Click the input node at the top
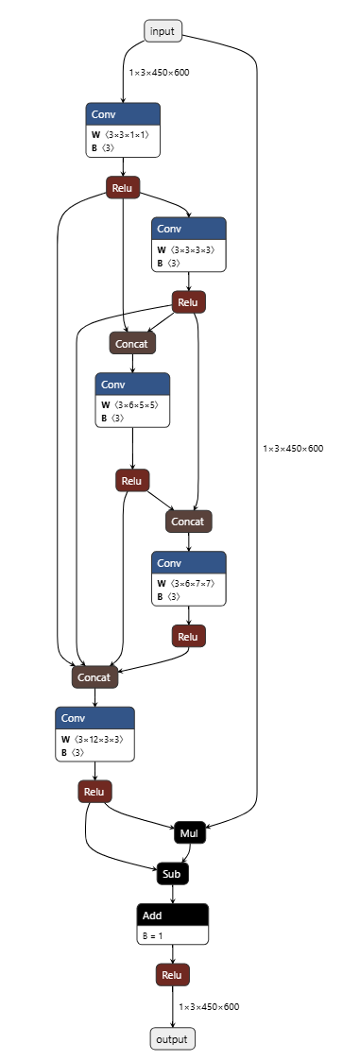[x=163, y=31]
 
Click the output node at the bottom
[x=172, y=1039]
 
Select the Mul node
[x=189, y=833]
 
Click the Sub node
[x=172, y=874]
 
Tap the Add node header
[x=172, y=915]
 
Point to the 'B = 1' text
[x=155, y=934]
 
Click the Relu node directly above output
[x=172, y=975]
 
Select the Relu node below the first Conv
[x=123, y=188]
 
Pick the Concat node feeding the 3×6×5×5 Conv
[x=132, y=343]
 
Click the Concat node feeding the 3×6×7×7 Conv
[x=189, y=521]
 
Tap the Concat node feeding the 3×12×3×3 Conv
[x=94, y=676]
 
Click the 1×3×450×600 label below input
[x=159, y=72]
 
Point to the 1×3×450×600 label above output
[x=209, y=1006]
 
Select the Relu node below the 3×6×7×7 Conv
[x=189, y=637]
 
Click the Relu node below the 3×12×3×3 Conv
[x=94, y=792]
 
